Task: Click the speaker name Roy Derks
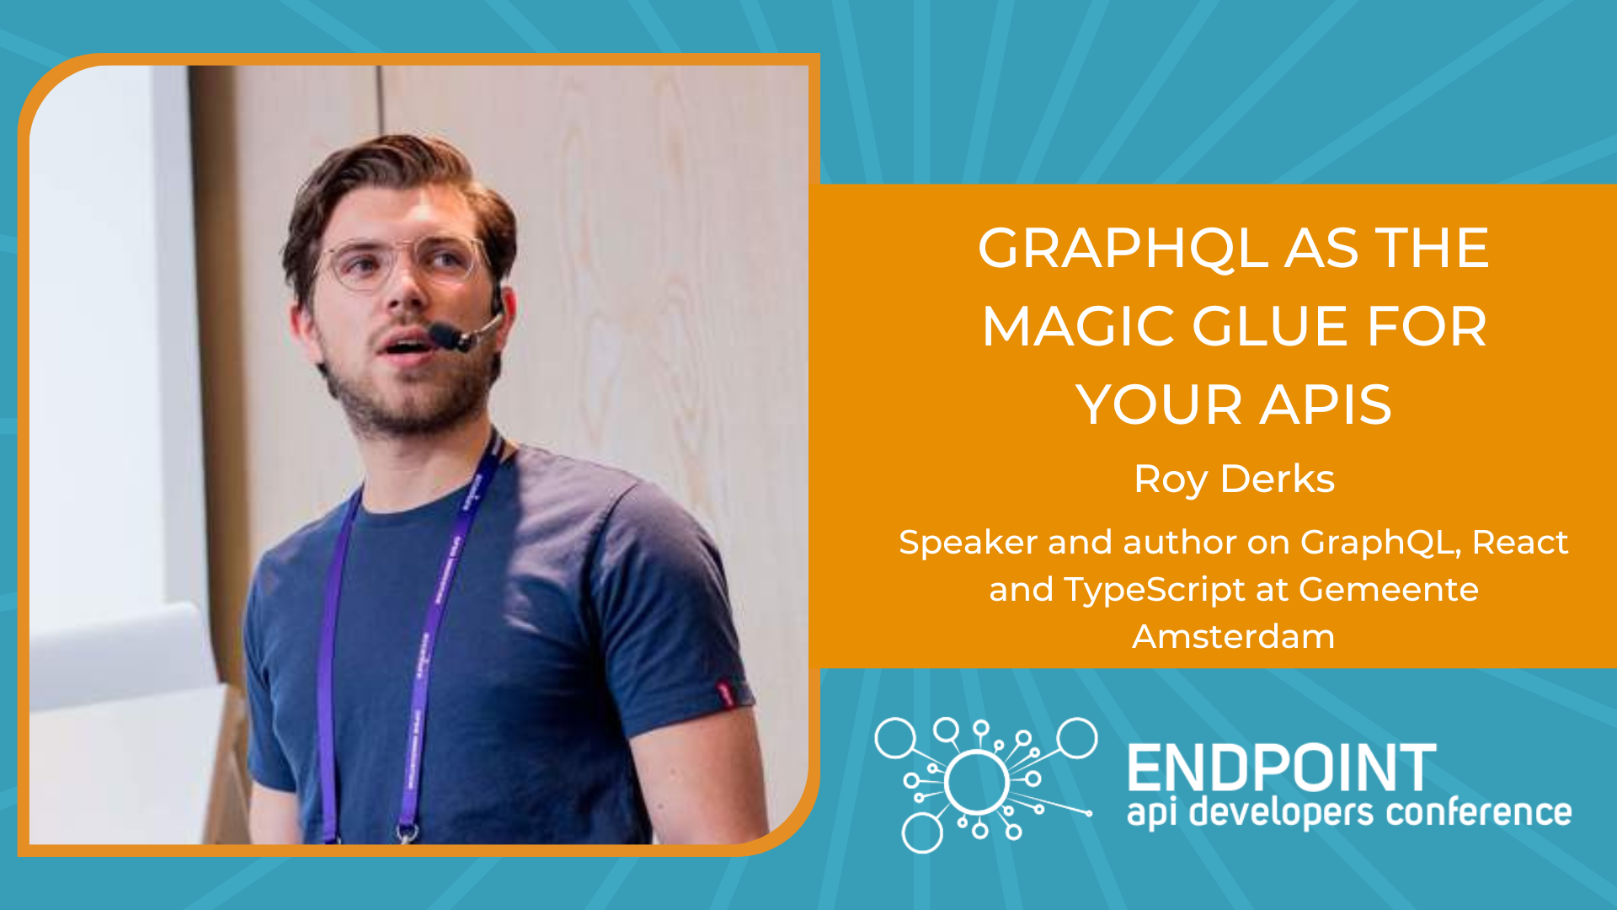(x=1234, y=479)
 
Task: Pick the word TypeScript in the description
(x=1154, y=590)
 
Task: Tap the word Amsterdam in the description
(x=1233, y=636)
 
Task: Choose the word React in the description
(x=1520, y=542)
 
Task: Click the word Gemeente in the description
(x=1388, y=589)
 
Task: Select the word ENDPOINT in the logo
(x=1282, y=768)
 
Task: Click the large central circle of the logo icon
(x=977, y=782)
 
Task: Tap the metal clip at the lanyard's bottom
(x=408, y=832)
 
